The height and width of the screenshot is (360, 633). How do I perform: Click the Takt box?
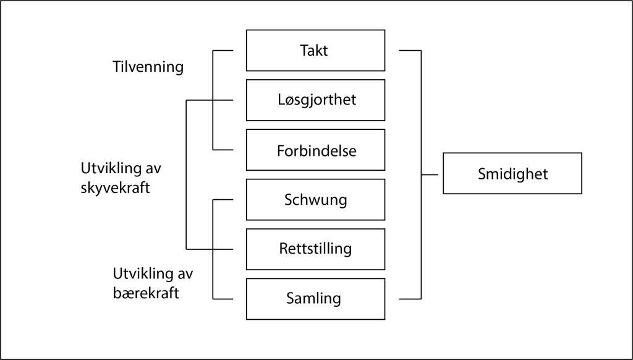click(315, 51)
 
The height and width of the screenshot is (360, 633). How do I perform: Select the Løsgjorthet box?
click(315, 100)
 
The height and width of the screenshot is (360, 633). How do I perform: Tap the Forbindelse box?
click(315, 150)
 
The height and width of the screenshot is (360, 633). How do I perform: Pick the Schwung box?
click(315, 200)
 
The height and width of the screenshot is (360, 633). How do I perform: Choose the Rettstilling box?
click(315, 249)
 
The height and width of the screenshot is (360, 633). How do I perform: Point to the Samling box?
click(315, 299)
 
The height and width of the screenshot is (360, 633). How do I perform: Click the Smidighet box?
click(512, 173)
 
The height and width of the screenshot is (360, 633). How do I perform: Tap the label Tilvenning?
click(148, 67)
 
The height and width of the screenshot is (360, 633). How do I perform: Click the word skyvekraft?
click(115, 188)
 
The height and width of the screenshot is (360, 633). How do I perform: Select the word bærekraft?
click(146, 293)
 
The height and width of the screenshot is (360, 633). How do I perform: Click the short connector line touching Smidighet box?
click(430, 175)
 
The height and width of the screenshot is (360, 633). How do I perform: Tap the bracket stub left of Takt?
click(223, 51)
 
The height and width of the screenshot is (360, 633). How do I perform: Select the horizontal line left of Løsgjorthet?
click(210, 100)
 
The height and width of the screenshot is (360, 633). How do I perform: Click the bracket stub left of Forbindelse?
click(223, 150)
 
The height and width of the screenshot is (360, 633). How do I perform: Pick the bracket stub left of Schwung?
click(223, 200)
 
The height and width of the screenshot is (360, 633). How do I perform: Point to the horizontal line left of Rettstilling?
click(210, 249)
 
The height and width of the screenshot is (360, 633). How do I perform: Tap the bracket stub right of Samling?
click(410, 299)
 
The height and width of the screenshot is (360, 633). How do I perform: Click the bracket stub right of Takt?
click(410, 51)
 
